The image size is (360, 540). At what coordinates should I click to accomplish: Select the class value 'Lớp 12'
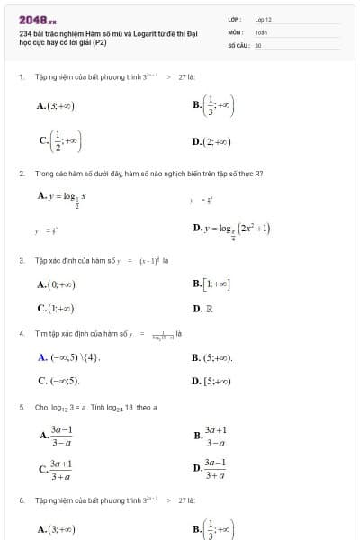click(263, 19)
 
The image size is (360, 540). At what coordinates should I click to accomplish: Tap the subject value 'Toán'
click(261, 31)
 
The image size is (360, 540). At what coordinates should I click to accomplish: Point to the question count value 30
click(258, 44)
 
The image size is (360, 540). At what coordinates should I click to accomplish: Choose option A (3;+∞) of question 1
click(56, 105)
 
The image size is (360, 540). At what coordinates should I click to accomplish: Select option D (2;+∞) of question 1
click(212, 141)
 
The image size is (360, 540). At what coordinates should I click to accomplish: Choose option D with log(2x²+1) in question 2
click(231, 229)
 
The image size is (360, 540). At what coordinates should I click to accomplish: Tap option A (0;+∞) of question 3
click(56, 284)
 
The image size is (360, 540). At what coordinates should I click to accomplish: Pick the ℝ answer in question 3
click(209, 309)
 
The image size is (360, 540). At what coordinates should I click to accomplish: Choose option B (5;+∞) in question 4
click(212, 357)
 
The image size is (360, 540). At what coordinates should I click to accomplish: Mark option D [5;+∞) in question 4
click(212, 381)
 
